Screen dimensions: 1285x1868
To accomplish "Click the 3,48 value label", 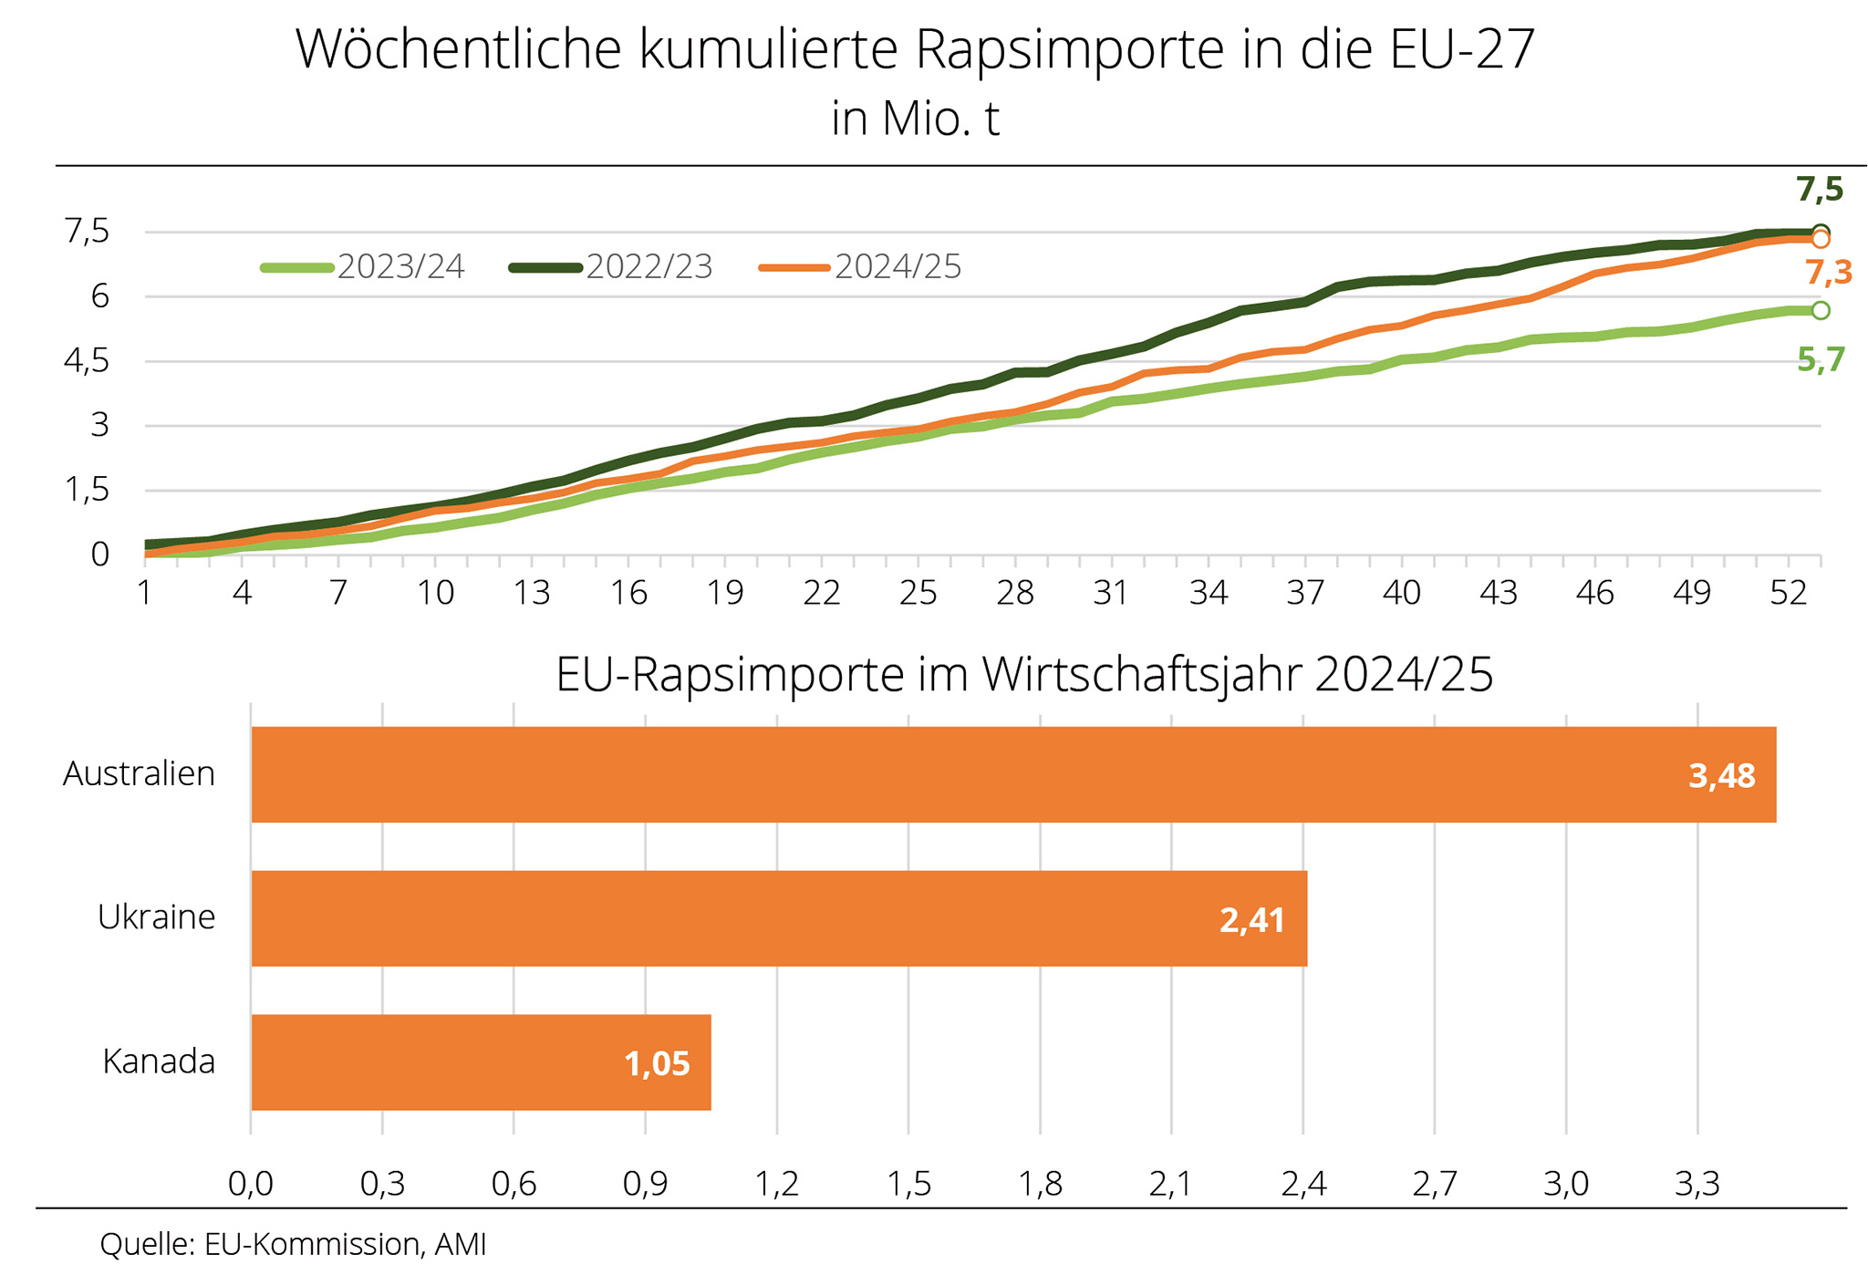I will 1721,776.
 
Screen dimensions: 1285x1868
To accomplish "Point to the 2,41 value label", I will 1251,920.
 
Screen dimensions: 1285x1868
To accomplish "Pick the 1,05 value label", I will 657,1064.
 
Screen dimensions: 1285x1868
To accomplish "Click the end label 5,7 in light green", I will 1821,360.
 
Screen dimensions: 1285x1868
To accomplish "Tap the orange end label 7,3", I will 1828,273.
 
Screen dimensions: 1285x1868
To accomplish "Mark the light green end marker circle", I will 1821,311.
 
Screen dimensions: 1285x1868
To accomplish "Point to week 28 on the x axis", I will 1014,594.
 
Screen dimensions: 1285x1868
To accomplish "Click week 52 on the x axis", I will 1788,594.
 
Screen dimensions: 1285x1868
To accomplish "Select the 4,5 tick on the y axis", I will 87,361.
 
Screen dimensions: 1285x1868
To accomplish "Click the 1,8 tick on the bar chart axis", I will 1040,1184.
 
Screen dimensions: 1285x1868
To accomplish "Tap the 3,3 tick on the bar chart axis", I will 1697,1184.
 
